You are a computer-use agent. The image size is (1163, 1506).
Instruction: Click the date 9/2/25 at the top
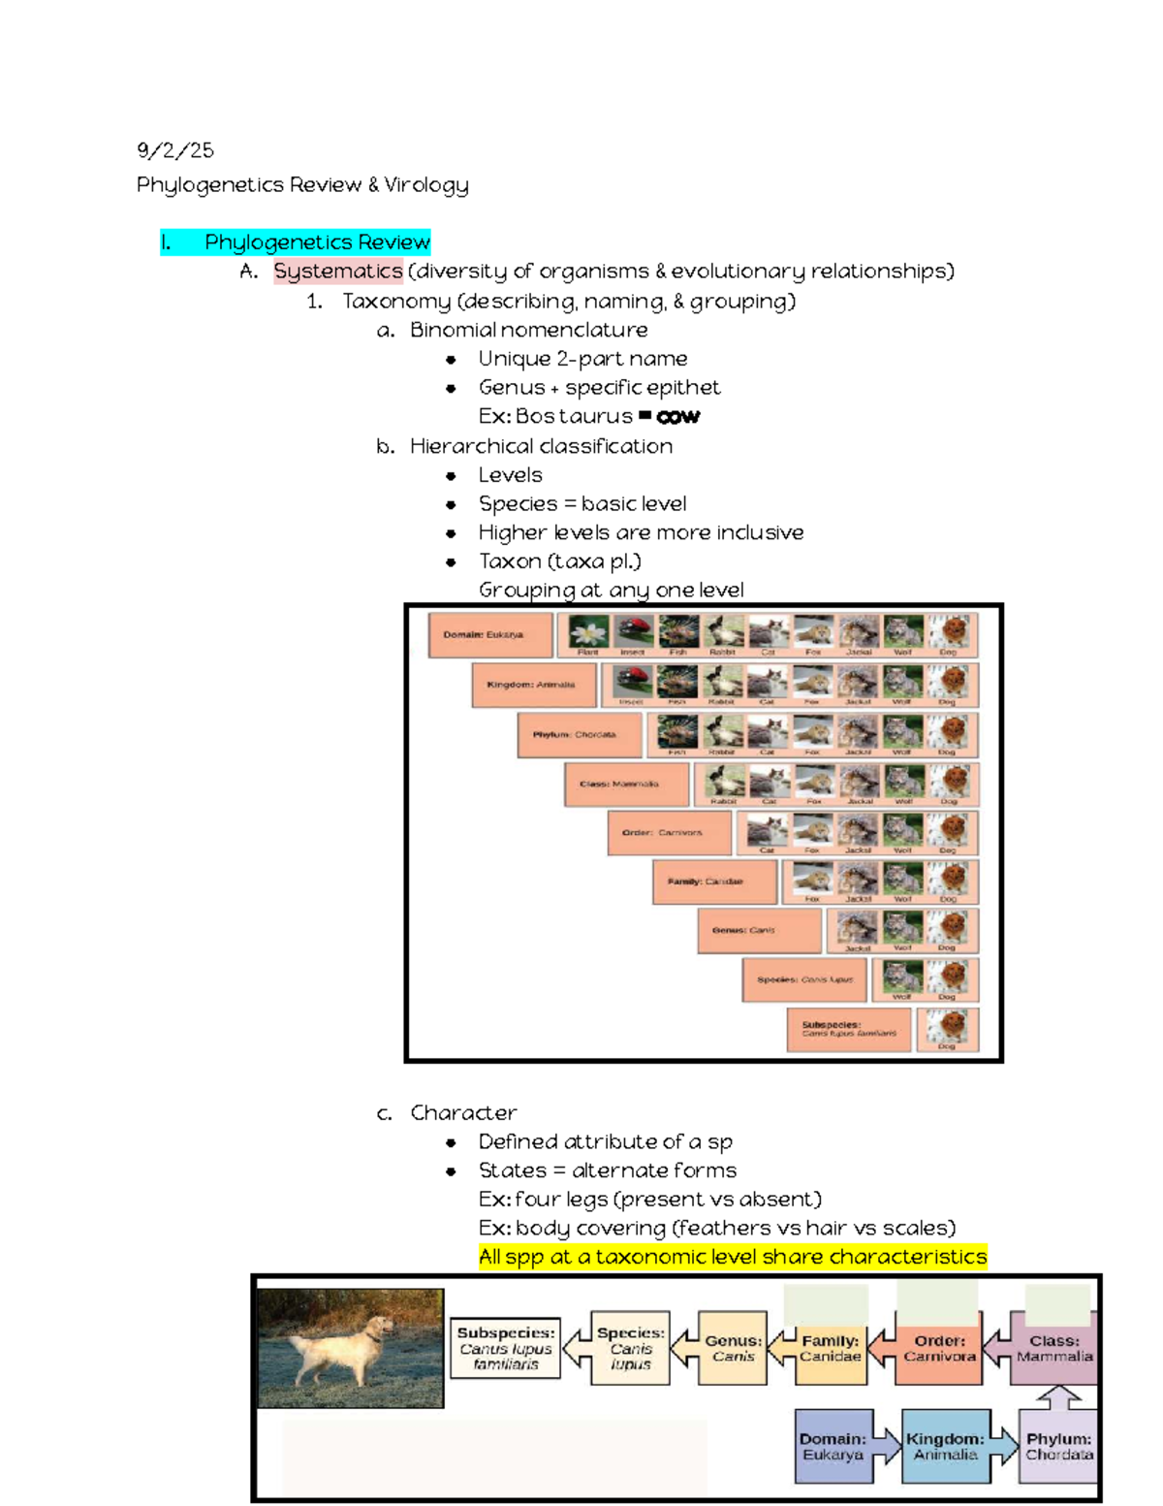click(x=174, y=150)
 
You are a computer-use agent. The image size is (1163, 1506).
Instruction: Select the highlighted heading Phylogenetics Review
click(x=316, y=242)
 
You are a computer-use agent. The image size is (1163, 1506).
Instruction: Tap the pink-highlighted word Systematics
click(x=337, y=272)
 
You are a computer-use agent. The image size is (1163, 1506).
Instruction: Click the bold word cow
click(x=677, y=417)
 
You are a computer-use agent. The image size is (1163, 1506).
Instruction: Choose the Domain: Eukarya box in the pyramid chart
click(x=489, y=635)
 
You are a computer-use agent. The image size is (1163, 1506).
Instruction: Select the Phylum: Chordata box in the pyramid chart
click(x=579, y=734)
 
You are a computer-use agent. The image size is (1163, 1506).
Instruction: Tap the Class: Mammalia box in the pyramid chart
click(x=625, y=784)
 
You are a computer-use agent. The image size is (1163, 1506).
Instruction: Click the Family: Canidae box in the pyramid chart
click(x=713, y=881)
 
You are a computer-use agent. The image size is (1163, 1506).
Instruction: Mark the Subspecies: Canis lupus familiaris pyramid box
click(x=848, y=1029)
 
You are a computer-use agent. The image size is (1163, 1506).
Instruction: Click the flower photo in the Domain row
click(x=587, y=632)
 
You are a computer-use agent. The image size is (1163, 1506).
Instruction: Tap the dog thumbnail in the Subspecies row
click(x=948, y=1026)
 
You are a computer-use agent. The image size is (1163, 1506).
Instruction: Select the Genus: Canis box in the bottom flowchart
click(x=733, y=1348)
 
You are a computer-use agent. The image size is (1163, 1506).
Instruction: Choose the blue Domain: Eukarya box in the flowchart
click(x=833, y=1446)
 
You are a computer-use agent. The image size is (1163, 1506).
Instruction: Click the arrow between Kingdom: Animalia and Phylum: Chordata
click(x=1005, y=1445)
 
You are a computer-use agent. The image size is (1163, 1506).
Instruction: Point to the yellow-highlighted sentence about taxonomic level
click(x=732, y=1257)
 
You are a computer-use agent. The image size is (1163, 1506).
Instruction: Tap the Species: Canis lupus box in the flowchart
click(x=630, y=1348)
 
